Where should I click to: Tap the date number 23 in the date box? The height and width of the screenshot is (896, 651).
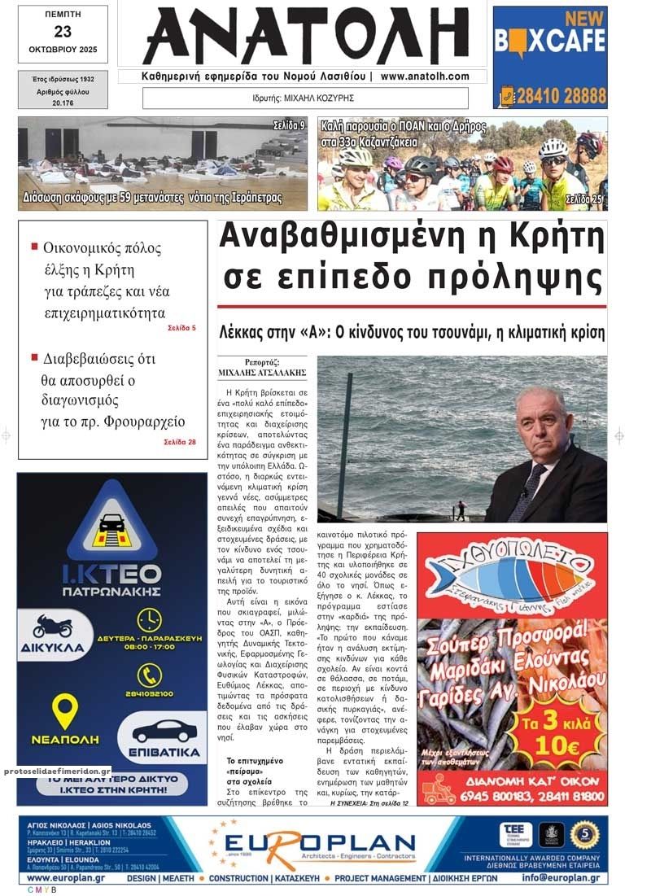[63, 32]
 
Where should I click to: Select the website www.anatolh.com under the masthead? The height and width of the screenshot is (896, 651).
[424, 76]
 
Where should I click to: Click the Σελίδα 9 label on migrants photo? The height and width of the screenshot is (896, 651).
[289, 125]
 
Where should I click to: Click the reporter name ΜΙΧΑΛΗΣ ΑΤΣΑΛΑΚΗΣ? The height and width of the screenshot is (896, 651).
[262, 373]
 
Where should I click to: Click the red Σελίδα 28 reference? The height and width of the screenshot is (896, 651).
[179, 442]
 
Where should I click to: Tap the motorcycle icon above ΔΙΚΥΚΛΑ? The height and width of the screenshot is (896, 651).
[53, 626]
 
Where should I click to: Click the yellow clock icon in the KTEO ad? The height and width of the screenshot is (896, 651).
[149, 620]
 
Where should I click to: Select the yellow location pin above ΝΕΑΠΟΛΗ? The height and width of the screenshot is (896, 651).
[64, 710]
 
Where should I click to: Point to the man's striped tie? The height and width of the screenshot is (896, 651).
[518, 492]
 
